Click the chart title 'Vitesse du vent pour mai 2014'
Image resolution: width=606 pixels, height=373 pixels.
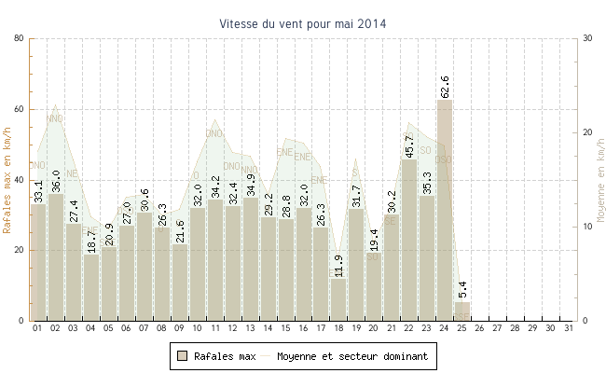point(303,23)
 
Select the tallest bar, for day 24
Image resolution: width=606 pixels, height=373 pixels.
point(445,210)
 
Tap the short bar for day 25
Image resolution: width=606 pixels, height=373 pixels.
point(462,311)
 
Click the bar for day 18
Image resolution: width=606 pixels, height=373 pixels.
point(338,300)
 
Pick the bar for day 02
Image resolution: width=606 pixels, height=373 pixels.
point(56,256)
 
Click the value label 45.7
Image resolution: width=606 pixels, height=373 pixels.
point(409,146)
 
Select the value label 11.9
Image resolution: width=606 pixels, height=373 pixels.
point(338,266)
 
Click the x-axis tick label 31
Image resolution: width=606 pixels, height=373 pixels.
point(569,328)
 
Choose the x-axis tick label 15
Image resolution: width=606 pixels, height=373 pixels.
point(285,328)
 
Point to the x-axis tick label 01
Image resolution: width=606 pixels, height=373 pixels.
point(38,328)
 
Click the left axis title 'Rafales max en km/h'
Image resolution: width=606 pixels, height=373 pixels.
point(8,179)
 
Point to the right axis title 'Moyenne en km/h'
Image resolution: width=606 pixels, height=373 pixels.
point(599,179)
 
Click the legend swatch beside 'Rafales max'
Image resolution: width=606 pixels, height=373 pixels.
point(184,356)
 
